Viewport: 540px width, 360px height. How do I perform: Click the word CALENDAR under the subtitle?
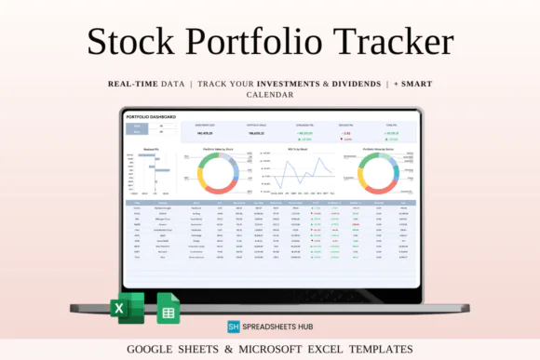(270, 94)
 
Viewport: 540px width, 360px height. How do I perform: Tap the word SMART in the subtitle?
(413, 84)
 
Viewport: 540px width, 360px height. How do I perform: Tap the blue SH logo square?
(235, 327)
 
